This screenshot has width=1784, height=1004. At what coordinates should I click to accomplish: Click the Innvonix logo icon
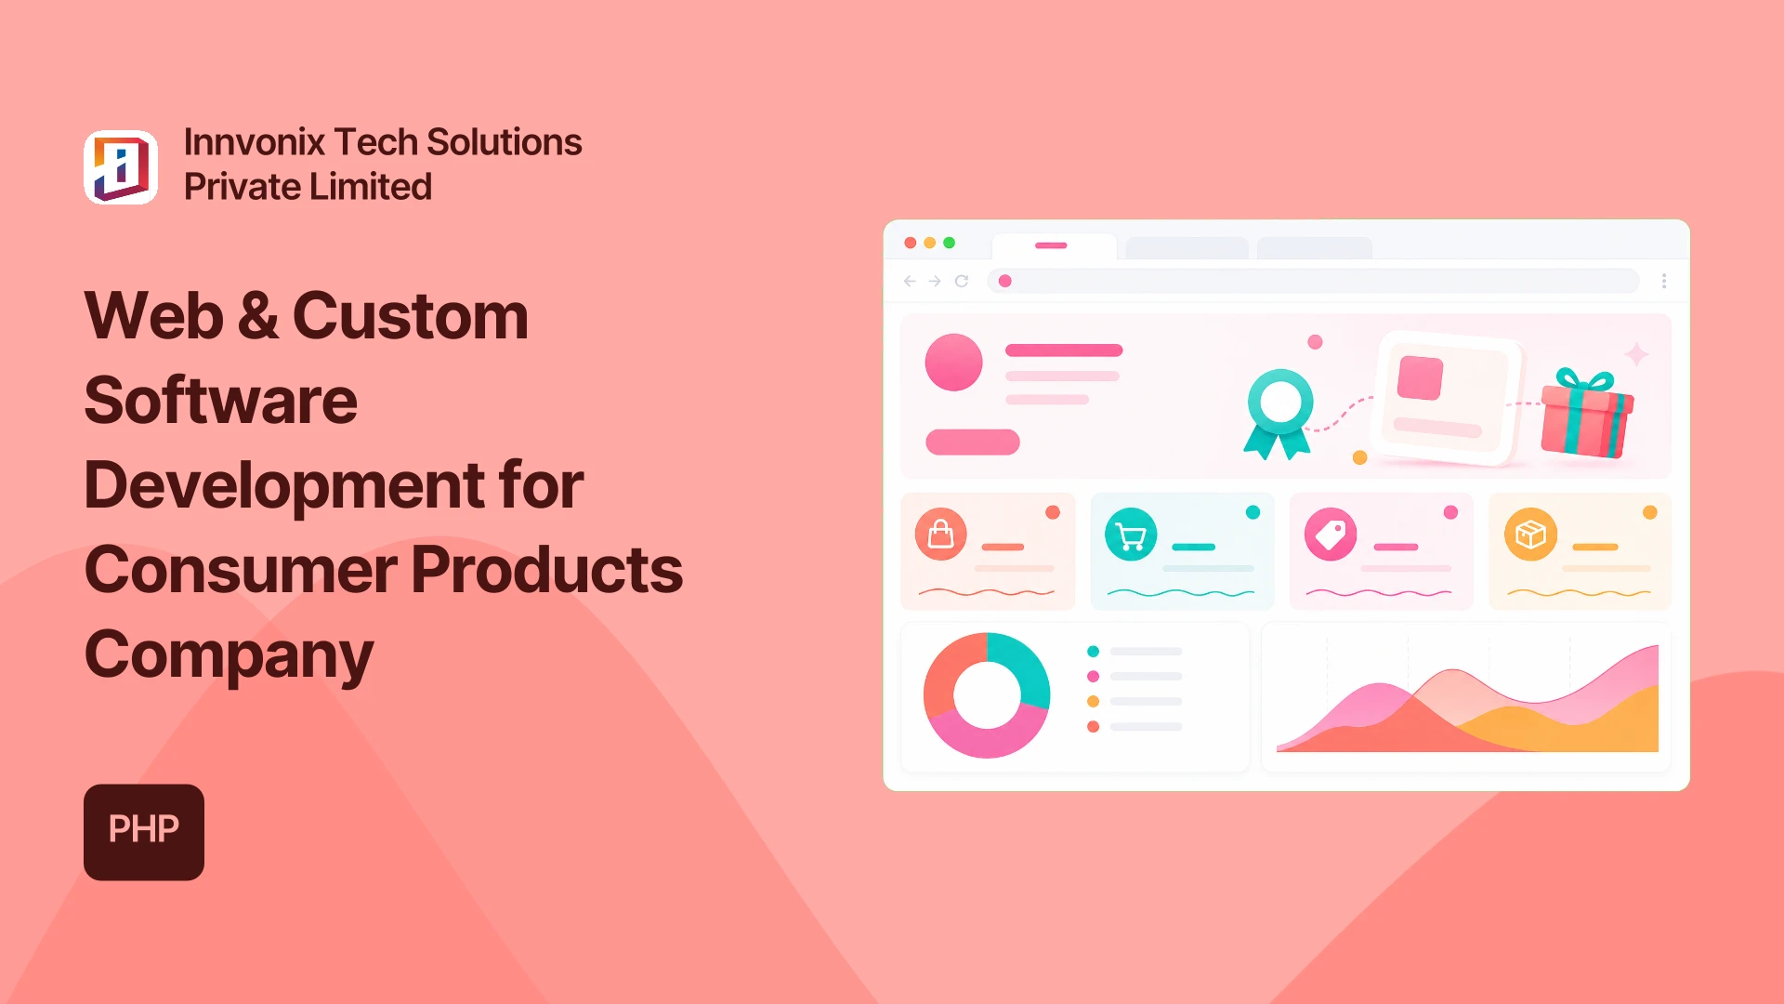(121, 167)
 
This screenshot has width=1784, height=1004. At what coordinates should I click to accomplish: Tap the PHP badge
(144, 832)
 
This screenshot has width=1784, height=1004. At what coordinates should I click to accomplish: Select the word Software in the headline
(221, 401)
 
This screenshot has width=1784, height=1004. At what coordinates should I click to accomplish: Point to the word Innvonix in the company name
(255, 142)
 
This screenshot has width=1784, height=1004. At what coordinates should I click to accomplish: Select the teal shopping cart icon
(1131, 535)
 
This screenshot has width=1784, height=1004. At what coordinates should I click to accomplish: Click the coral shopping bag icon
(941, 535)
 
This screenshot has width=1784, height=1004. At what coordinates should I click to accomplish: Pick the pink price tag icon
(1331, 535)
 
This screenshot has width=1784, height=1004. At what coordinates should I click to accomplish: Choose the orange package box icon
(1530, 535)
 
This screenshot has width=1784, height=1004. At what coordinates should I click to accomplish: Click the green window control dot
(949, 243)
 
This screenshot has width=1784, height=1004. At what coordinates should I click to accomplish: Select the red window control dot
(910, 243)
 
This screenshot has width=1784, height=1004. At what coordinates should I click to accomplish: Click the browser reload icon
(962, 281)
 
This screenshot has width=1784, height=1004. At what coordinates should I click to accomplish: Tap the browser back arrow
(910, 281)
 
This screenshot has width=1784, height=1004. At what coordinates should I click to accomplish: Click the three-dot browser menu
(1664, 281)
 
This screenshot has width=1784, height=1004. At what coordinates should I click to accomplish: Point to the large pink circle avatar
(953, 363)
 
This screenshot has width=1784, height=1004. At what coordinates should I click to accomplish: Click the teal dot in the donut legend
(1093, 652)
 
